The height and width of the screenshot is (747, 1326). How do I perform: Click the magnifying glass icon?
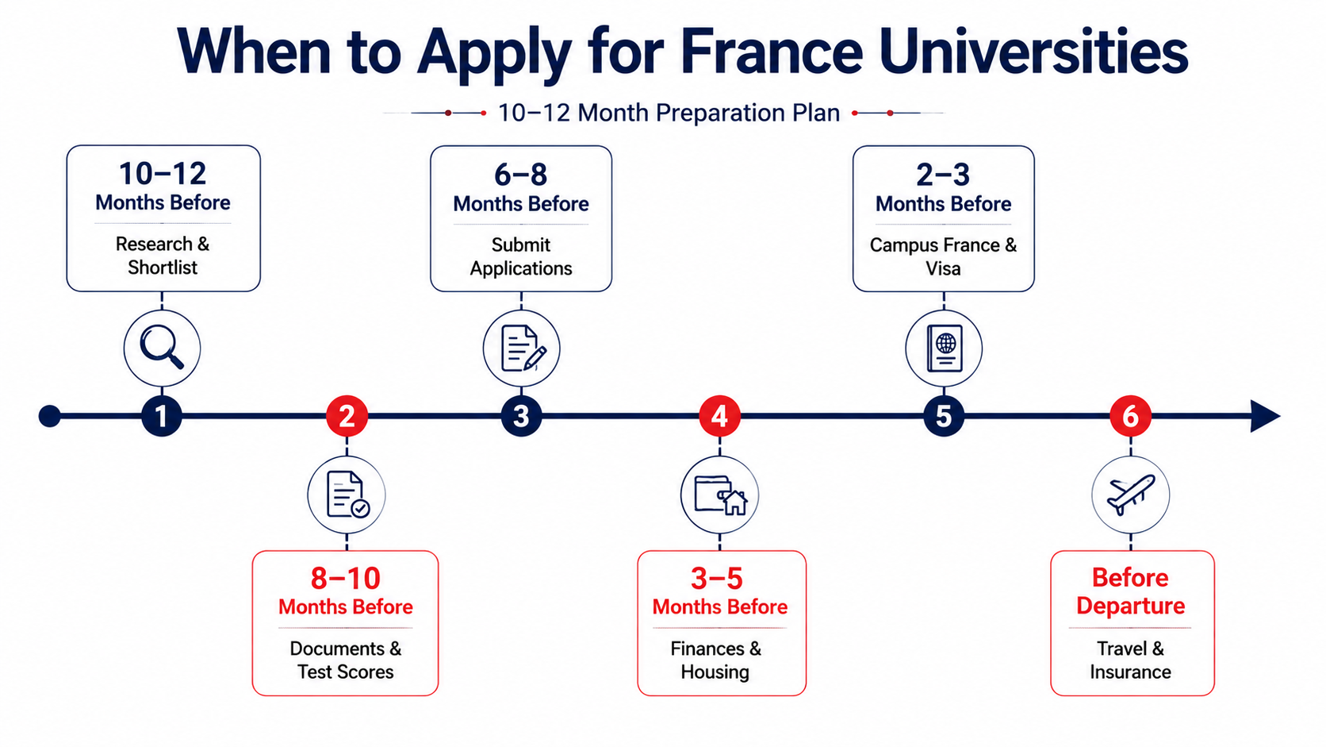point(161,347)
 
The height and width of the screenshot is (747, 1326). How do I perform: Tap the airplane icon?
point(1131,495)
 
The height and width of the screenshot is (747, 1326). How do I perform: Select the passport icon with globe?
point(945,348)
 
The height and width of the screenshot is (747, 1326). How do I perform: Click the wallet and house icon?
point(720,495)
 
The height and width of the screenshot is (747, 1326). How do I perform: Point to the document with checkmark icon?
point(347,495)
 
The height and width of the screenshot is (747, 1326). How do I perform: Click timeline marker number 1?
point(162,416)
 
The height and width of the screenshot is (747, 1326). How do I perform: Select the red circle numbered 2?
point(347,416)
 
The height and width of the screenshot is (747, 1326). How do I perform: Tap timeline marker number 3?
point(521,416)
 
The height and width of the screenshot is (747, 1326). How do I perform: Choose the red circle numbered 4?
point(719,416)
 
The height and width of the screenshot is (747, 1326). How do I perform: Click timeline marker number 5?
point(944,416)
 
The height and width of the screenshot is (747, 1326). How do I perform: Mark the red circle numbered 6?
point(1131,416)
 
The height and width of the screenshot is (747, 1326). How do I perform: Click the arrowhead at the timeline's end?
point(1264,416)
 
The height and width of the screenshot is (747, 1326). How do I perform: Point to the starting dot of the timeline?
point(50,416)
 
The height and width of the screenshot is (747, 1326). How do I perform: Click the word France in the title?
point(772,52)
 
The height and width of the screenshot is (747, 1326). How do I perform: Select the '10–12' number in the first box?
point(163,174)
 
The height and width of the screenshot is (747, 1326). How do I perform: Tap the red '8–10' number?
point(346,578)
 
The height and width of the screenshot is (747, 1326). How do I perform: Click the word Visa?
point(943,269)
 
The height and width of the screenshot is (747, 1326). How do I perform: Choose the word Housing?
point(715,672)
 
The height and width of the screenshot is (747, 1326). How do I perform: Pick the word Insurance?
point(1131,672)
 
